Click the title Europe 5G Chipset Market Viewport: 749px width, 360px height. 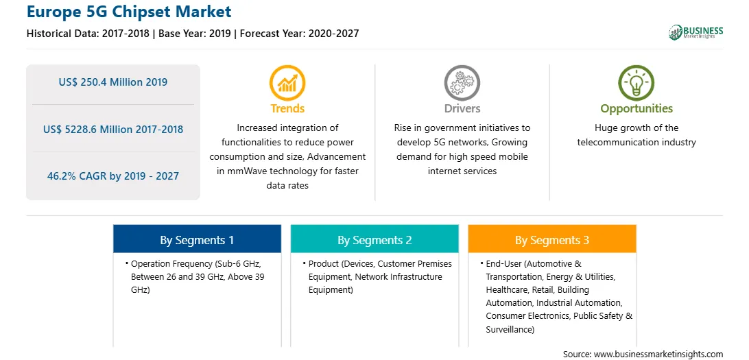(129, 11)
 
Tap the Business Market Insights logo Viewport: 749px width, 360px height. (695, 32)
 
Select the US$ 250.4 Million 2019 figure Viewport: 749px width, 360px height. (113, 82)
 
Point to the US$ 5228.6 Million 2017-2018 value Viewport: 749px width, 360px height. (113, 130)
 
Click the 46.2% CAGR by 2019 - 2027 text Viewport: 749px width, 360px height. (113, 176)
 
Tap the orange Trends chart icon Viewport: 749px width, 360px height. (287, 82)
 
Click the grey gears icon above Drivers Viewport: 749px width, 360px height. (462, 82)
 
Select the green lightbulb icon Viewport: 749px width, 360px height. (637, 82)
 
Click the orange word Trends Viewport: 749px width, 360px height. (287, 108)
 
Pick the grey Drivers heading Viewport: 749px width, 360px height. (462, 108)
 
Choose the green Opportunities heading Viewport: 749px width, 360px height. (637, 109)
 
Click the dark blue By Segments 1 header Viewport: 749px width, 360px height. (198, 239)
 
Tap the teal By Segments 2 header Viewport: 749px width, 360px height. (374, 239)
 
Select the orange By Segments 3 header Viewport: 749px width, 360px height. (552, 239)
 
